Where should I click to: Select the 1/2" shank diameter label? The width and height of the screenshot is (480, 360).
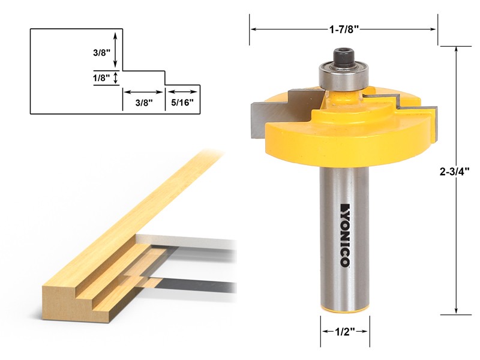(x=344, y=331)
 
